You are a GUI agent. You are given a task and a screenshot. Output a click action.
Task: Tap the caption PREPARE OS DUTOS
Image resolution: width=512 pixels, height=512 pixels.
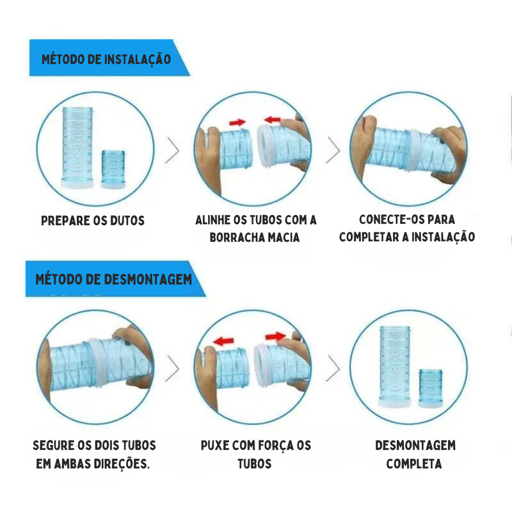coord(93,221)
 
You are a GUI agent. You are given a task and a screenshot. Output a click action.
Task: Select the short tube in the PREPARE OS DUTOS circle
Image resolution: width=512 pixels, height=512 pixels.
coord(115,169)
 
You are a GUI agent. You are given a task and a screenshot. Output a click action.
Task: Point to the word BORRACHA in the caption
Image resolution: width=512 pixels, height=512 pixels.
coord(237,237)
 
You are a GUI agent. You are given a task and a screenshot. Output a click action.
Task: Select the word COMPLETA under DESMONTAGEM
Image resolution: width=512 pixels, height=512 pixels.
coord(414,464)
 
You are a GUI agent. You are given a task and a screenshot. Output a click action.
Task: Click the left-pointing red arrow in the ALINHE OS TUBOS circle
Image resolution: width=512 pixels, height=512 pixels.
coord(273,119)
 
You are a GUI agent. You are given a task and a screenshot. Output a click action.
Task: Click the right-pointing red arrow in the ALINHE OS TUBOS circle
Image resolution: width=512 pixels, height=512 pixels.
coord(237,122)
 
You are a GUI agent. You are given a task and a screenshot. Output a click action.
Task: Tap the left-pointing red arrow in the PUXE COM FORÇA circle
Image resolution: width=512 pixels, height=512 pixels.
coord(223,341)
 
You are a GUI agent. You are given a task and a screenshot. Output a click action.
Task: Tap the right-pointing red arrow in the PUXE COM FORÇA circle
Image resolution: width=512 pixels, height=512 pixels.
coord(275,335)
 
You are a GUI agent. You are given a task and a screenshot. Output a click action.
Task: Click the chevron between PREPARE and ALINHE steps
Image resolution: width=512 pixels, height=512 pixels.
coord(172,150)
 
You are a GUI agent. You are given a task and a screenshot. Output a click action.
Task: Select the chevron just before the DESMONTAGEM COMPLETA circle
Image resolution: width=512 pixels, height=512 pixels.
coord(333,368)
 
